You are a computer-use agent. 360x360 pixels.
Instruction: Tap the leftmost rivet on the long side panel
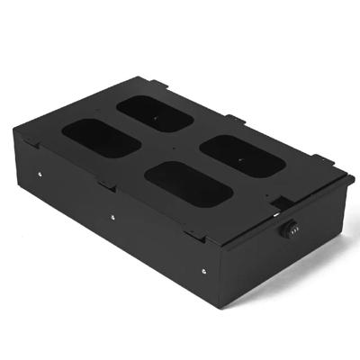pyautogui.click(x=40, y=175)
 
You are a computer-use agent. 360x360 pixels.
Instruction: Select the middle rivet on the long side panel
pyautogui.click(x=112, y=216)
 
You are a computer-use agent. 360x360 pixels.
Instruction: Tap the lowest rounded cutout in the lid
pyautogui.click(x=189, y=184)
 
